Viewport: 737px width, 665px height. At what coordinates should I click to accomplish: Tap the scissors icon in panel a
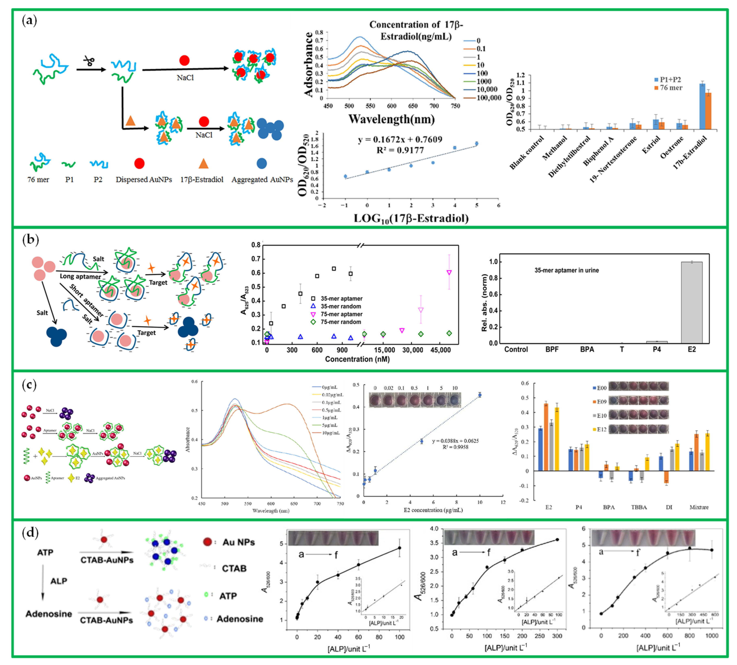point(89,60)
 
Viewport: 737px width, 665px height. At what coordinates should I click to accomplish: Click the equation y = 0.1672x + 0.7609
point(400,139)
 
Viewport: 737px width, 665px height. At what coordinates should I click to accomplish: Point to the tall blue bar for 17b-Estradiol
point(702,106)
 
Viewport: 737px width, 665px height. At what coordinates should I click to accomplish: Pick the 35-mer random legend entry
point(340,306)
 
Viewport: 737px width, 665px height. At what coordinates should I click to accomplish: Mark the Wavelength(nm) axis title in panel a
point(391,119)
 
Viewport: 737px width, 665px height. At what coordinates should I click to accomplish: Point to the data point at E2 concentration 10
point(480,395)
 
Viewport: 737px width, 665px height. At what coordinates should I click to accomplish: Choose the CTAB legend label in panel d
point(234,568)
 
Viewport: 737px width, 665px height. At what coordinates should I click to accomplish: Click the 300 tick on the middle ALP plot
point(557,636)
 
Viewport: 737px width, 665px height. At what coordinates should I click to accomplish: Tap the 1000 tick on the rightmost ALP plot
point(711,635)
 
